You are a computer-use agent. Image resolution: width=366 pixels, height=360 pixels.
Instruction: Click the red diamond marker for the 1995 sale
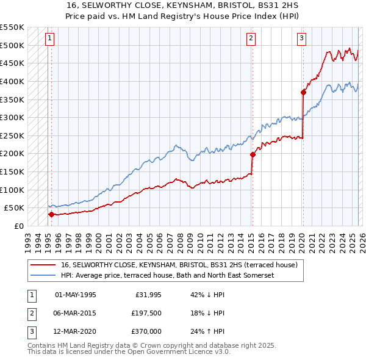51,214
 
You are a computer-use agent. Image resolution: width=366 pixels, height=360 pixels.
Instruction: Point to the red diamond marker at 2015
253,154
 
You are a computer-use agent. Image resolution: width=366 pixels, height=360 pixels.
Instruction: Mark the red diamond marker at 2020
303,92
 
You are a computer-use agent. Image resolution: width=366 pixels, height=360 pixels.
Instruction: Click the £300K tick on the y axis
12,117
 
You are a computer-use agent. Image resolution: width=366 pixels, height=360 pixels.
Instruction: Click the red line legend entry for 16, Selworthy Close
179,265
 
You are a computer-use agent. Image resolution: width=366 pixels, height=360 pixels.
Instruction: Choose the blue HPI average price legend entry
168,275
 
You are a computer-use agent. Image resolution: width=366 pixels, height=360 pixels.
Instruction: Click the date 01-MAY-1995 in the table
76,295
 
